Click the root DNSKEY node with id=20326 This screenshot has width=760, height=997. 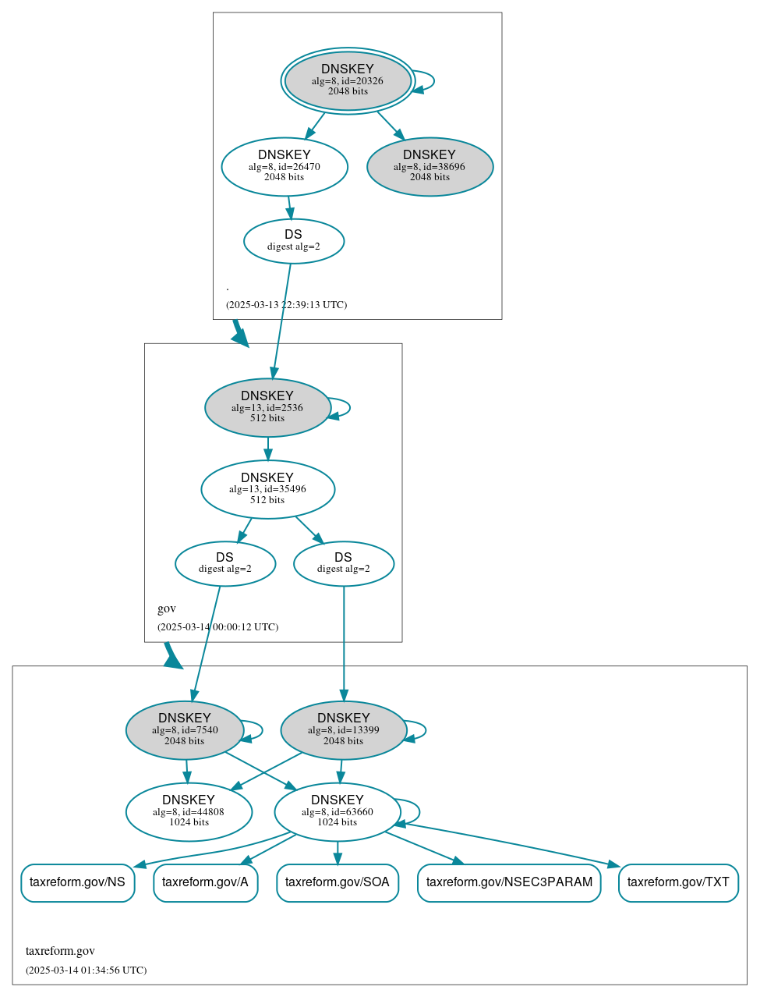click(x=348, y=80)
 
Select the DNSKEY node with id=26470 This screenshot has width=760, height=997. click(x=285, y=166)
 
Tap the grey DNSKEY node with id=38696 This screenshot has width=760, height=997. click(x=429, y=166)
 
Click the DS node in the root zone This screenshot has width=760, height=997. click(x=294, y=241)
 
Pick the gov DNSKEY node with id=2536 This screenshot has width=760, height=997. click(x=267, y=407)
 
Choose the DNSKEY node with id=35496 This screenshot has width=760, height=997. click(x=267, y=489)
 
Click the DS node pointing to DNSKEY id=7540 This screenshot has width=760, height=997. click(x=225, y=563)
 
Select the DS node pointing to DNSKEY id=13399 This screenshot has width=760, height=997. click(x=344, y=563)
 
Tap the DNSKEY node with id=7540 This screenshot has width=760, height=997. click(x=185, y=730)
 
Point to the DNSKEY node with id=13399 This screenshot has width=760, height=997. click(x=344, y=730)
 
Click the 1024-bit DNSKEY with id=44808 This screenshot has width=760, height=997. click(x=189, y=812)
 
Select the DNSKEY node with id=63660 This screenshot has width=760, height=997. click(x=338, y=812)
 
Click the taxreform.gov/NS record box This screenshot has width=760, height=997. click(x=78, y=883)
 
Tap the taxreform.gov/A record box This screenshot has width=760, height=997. click(x=206, y=883)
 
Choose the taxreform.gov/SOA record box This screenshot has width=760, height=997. click(x=338, y=883)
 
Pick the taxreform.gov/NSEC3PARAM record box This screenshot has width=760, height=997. click(x=509, y=883)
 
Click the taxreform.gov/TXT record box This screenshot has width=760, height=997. click(x=678, y=883)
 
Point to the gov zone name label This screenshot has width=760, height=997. click(x=167, y=608)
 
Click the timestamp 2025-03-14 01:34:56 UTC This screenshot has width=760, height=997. click(x=87, y=970)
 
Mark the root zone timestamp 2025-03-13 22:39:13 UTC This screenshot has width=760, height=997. click(x=286, y=305)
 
